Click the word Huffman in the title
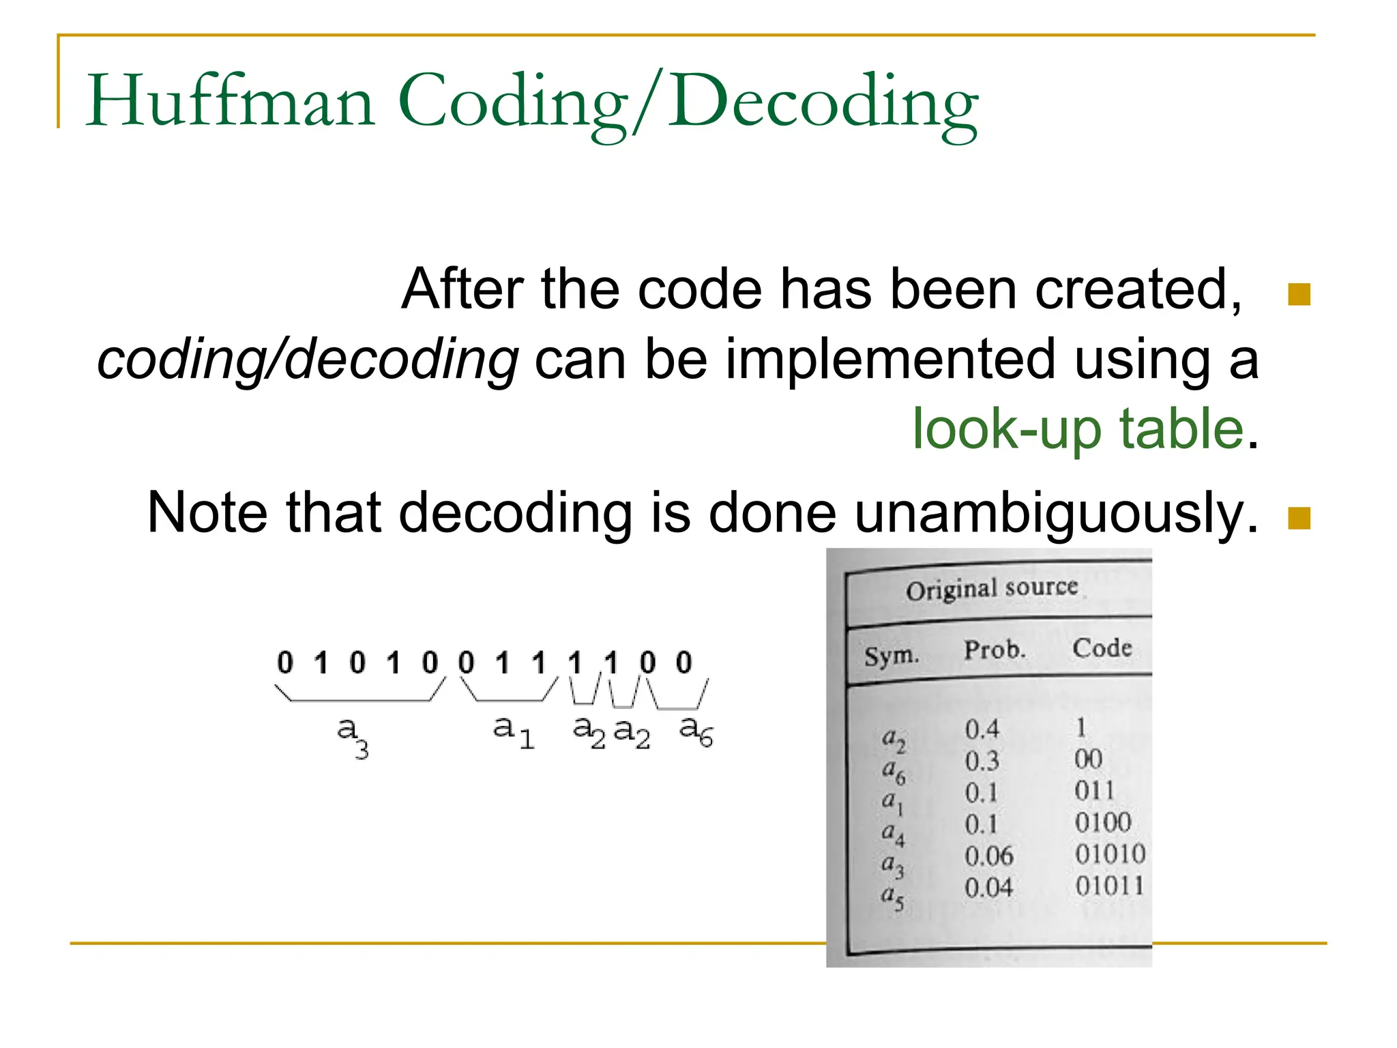coord(230,102)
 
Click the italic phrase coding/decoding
coord(308,360)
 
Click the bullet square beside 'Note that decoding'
coord(1299,519)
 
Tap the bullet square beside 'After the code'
coord(1299,295)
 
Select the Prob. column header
coord(994,650)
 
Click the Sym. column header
coord(891,656)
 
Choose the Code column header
coord(1102,647)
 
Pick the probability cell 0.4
coord(982,729)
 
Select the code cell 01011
coord(1109,886)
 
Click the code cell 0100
coord(1102,823)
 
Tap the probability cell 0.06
coord(988,856)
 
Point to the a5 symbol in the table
coord(892,897)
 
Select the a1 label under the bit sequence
coord(512,731)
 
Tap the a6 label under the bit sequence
coord(696,731)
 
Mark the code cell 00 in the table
coord(1088,759)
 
